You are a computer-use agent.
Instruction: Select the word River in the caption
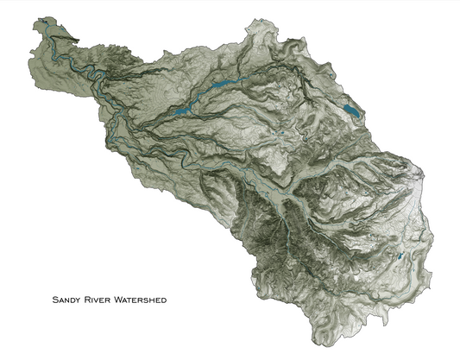[100, 301]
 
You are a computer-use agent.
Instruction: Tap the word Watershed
[141, 301]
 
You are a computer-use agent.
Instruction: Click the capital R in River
[90, 301]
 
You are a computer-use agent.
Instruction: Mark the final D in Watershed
[163, 301]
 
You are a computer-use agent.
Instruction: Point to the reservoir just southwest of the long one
[181, 110]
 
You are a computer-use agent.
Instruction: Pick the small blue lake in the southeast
[400, 257]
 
